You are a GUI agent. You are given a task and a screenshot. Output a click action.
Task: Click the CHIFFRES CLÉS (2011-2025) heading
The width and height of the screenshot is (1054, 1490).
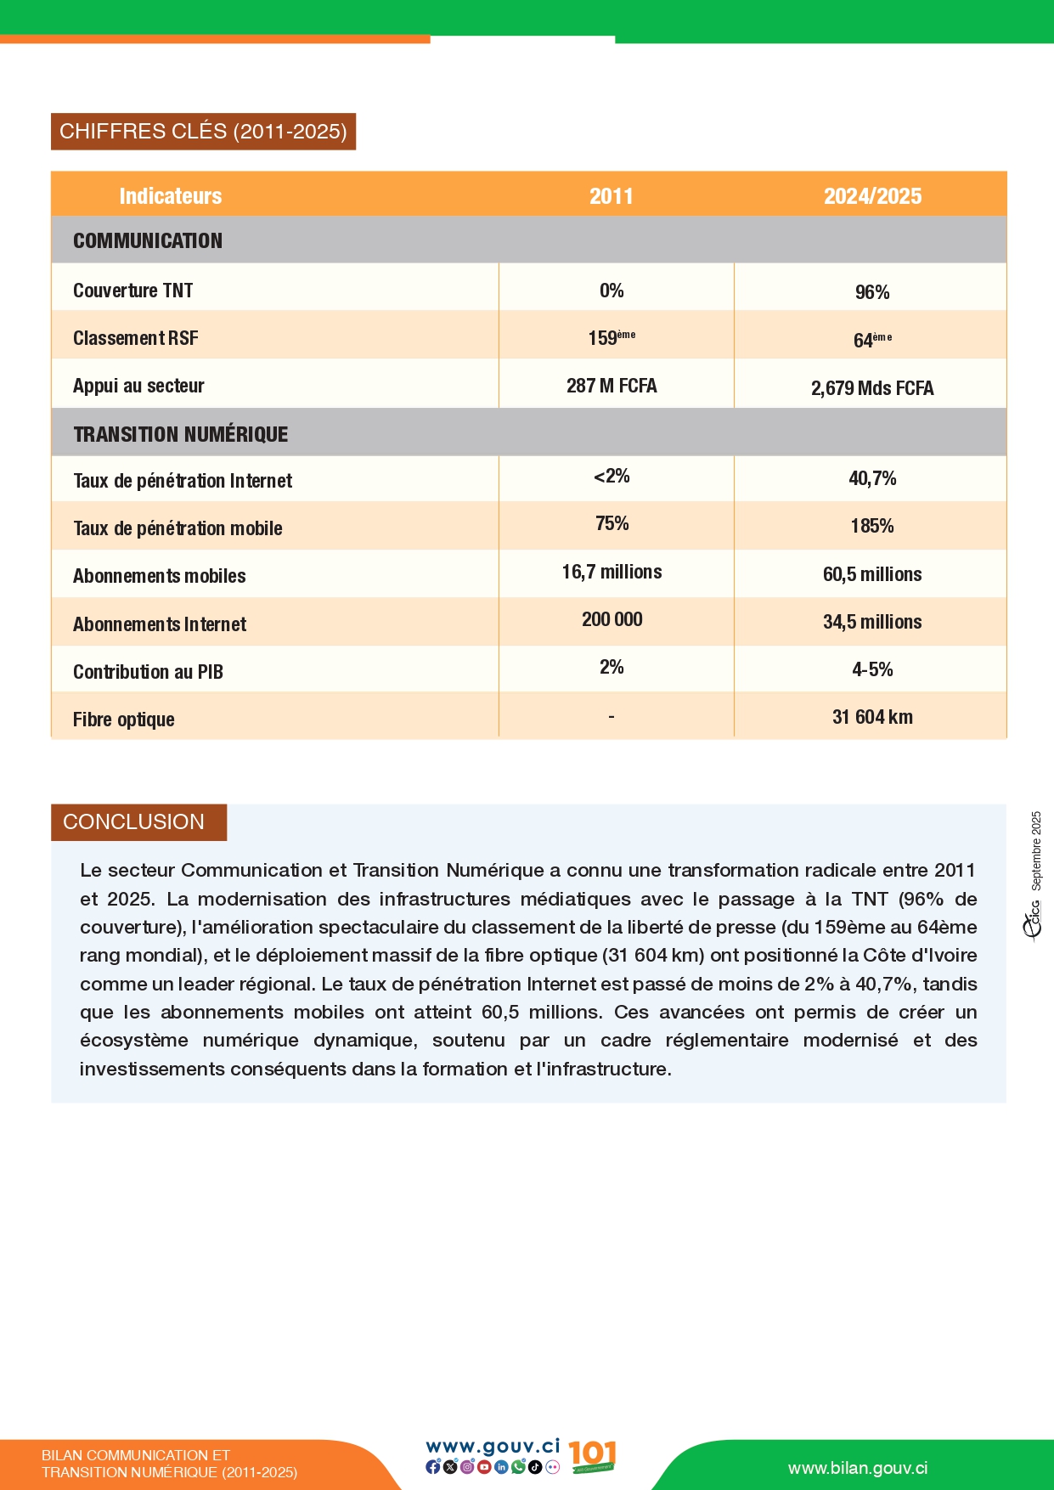pyautogui.click(x=203, y=132)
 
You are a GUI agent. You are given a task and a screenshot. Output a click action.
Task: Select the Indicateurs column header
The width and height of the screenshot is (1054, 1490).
pyautogui.click(x=170, y=196)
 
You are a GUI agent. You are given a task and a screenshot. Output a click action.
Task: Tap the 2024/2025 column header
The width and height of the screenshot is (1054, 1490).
pyautogui.click(x=872, y=196)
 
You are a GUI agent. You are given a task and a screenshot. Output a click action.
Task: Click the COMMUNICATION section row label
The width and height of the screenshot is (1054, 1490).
pyautogui.click(x=148, y=240)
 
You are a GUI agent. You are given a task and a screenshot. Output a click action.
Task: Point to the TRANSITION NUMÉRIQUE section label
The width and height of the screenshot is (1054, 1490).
pyautogui.click(x=181, y=434)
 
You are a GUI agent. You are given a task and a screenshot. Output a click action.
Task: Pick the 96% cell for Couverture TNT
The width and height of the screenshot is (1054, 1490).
pyautogui.click(x=872, y=292)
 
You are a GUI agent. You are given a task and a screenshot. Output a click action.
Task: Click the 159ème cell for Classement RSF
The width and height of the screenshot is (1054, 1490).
pyautogui.click(x=612, y=338)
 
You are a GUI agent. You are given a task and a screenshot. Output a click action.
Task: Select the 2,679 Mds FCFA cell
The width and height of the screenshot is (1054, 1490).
pyautogui.click(x=872, y=388)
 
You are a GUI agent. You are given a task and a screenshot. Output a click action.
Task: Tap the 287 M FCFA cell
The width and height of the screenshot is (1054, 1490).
pyautogui.click(x=612, y=386)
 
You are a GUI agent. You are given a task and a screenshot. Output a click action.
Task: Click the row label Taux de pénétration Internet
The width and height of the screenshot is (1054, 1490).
pyautogui.click(x=183, y=481)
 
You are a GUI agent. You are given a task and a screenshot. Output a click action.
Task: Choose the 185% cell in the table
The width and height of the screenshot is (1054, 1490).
pyautogui.click(x=872, y=526)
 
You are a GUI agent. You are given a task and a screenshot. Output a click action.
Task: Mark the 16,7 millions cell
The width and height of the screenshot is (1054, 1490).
pyautogui.click(x=612, y=572)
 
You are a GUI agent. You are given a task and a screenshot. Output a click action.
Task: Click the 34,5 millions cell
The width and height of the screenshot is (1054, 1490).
pyautogui.click(x=872, y=622)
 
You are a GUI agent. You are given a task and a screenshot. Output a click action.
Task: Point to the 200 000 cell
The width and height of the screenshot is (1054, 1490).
pyautogui.click(x=612, y=619)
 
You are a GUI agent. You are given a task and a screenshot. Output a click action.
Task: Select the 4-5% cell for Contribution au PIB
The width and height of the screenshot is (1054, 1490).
pyautogui.click(x=872, y=669)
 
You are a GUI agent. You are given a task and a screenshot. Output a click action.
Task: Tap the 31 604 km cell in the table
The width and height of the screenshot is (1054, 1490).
pyautogui.click(x=872, y=717)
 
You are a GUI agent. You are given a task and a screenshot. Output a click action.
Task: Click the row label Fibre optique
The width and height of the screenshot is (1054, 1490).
pyautogui.click(x=124, y=720)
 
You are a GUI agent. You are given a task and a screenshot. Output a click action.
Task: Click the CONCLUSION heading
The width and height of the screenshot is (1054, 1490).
pyautogui.click(x=134, y=822)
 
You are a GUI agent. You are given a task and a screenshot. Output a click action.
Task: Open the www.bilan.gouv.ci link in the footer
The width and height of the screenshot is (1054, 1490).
pyautogui.click(x=858, y=1468)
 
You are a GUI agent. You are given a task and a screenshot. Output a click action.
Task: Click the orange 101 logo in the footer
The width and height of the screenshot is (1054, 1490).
pyautogui.click(x=592, y=1456)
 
